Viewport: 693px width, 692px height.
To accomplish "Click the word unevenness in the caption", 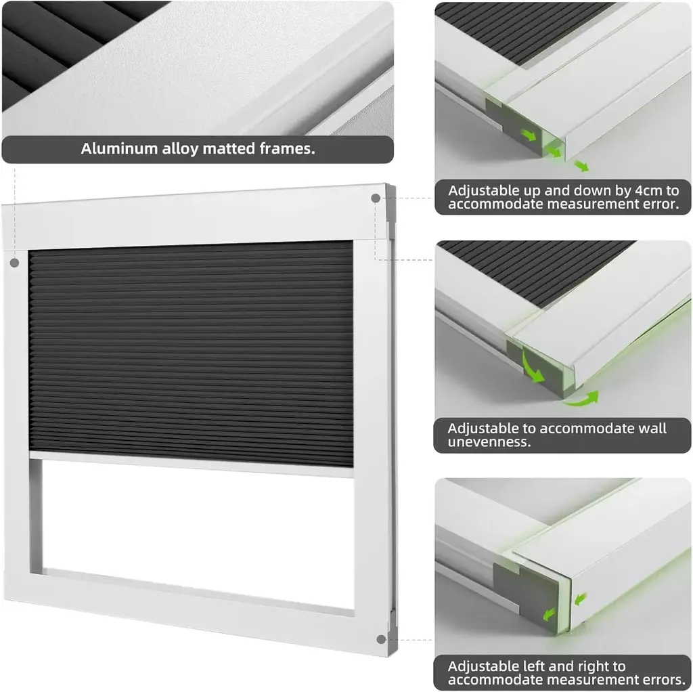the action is tap(489, 441).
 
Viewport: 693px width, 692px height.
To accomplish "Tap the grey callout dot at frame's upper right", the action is tap(376, 198).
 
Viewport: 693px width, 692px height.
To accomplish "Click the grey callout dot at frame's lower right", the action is tap(382, 639).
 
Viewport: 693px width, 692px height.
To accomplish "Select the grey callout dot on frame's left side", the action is tap(15, 263).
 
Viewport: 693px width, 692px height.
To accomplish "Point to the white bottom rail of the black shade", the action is tap(192, 464).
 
